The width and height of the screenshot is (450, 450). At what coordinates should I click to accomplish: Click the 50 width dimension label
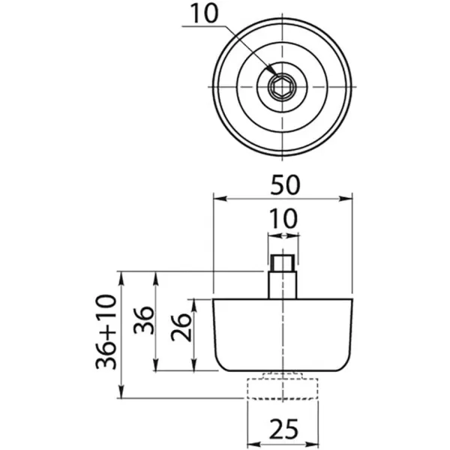(x=283, y=184)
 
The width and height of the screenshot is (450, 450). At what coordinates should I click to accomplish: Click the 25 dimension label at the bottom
(x=282, y=429)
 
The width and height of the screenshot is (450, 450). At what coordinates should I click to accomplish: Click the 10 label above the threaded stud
(x=283, y=219)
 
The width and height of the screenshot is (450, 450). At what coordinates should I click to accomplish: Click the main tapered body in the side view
(x=283, y=334)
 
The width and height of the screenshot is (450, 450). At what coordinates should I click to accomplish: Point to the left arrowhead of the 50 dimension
(x=217, y=199)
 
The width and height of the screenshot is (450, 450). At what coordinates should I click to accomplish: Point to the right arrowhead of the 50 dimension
(x=349, y=199)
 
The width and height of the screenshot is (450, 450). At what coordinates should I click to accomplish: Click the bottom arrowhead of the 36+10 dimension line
(x=121, y=395)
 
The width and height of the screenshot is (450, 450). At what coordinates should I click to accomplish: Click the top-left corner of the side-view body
(x=214, y=299)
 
